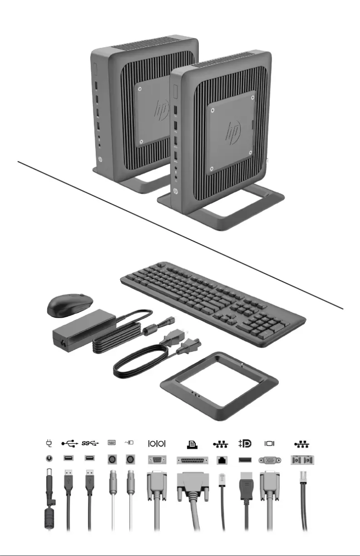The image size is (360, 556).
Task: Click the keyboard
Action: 213,301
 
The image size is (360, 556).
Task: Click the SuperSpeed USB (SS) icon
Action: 89,444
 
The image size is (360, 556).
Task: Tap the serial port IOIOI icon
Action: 157,444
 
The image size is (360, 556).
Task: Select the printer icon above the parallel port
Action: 192,444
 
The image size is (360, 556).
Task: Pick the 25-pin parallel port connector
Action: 192,460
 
